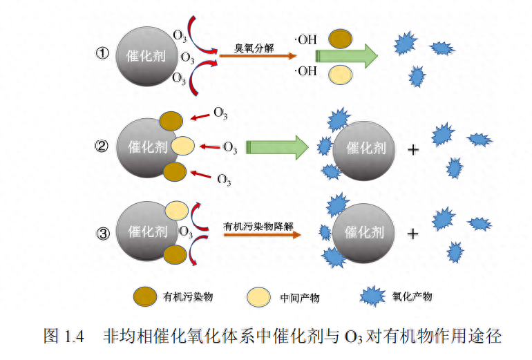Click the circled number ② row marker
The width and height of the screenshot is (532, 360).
click(103, 146)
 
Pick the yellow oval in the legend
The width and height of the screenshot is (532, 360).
click(260, 296)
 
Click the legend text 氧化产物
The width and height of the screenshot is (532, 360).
click(412, 296)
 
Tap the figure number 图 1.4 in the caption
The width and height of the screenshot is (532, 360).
click(63, 337)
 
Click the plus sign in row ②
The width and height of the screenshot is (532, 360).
click(415, 148)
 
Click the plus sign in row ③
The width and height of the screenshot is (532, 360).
click(413, 234)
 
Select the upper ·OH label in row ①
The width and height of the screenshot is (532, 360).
click(305, 39)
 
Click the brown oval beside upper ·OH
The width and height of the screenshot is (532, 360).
click(339, 39)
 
